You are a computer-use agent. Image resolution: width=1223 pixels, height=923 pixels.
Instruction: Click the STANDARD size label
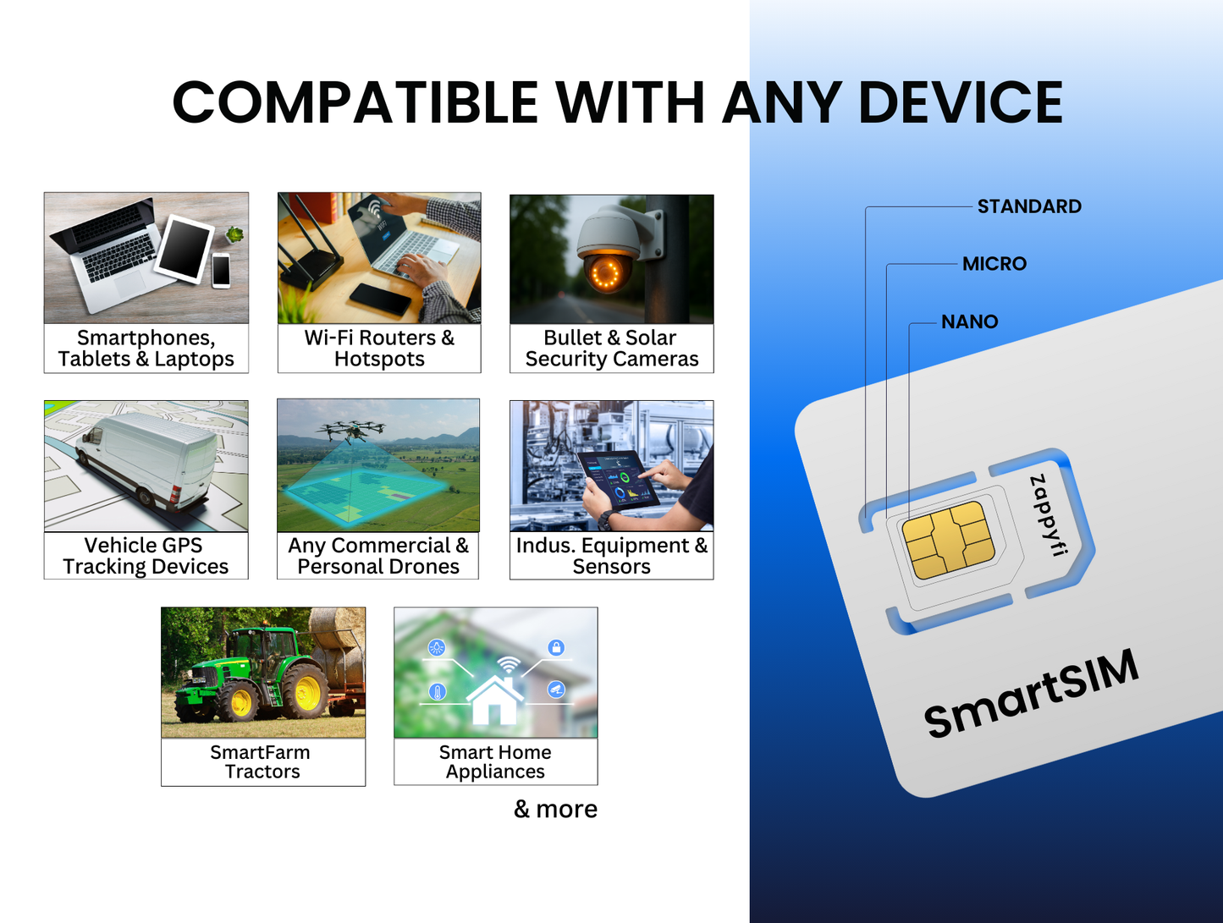tap(1028, 206)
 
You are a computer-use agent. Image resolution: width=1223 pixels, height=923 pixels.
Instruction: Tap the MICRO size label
tap(994, 264)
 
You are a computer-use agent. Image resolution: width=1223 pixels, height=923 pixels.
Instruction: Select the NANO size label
tap(969, 321)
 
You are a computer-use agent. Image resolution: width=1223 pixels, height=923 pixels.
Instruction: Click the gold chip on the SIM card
tap(947, 541)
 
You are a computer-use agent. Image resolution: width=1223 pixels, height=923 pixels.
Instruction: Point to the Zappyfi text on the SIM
tap(1048, 515)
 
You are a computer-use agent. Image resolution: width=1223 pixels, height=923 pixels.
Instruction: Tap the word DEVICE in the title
tap(960, 103)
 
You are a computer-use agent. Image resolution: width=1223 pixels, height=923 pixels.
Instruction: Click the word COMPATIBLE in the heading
tap(355, 103)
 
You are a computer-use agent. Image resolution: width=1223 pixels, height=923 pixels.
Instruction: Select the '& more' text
tap(555, 810)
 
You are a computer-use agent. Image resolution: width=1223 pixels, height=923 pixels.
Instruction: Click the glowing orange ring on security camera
tap(606, 272)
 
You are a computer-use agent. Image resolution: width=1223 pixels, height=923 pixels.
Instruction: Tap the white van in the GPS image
tap(148, 461)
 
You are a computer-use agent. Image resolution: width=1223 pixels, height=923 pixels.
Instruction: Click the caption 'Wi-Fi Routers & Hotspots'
tap(379, 349)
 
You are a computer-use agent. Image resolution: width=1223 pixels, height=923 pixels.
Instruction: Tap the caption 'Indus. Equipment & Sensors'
tap(611, 556)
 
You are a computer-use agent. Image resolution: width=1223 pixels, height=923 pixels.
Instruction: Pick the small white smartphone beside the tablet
tap(221, 270)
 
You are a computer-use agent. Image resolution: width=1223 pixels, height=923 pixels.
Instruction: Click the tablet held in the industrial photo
tap(618, 480)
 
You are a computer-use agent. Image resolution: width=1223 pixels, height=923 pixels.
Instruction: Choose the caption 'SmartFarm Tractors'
tap(262, 762)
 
